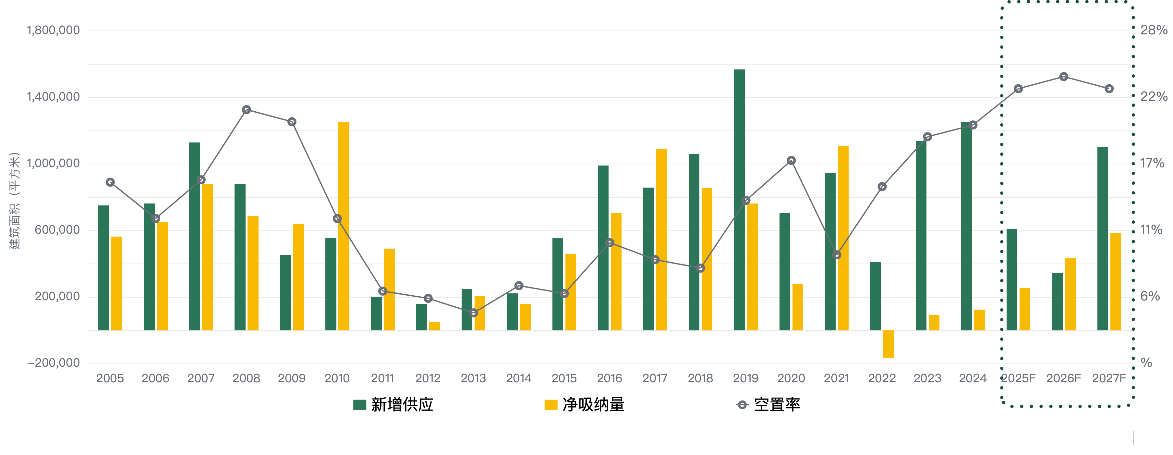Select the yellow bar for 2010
pos(344,226)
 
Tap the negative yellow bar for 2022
pos(889,344)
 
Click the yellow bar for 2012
pos(434,326)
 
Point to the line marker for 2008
pos(246,110)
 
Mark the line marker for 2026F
pos(1064,77)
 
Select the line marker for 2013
pos(474,313)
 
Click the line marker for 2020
pos(792,160)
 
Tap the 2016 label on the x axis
pos(609,378)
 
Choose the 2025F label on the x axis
pos(1019,378)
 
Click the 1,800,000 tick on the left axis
pos(53,31)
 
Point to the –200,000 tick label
pos(53,363)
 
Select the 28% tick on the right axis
pos(1154,31)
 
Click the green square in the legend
pos(360,404)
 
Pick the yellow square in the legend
pos(550,404)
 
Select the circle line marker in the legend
pos(742,404)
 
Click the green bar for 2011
pos(376,314)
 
